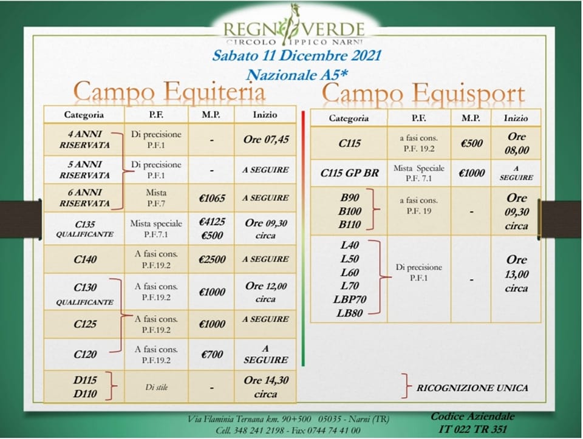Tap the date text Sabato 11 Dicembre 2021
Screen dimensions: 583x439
click(x=297, y=56)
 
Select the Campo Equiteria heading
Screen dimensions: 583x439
click(x=169, y=92)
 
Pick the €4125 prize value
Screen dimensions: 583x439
click(x=212, y=222)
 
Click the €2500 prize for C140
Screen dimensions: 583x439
click(x=212, y=259)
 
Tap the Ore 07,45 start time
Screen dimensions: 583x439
click(x=266, y=140)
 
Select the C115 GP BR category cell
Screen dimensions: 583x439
click(x=350, y=173)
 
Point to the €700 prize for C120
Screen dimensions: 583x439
click(x=212, y=355)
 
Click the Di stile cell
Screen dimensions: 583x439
click(x=156, y=387)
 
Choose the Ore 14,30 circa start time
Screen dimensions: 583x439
click(x=266, y=387)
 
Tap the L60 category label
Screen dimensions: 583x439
click(x=350, y=273)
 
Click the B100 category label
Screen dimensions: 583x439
click(x=350, y=211)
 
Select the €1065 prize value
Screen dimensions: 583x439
click(x=212, y=198)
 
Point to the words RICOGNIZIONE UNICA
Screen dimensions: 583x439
click(x=472, y=388)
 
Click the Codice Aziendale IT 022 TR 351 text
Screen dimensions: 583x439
click(x=472, y=423)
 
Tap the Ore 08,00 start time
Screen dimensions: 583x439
click(x=516, y=143)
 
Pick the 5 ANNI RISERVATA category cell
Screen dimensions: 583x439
click(x=85, y=169)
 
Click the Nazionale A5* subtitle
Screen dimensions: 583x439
click(x=297, y=75)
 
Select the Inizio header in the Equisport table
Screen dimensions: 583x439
click(x=516, y=118)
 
